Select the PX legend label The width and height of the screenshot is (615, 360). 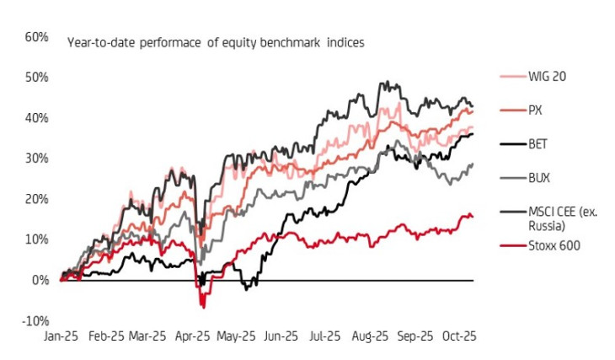point(535,110)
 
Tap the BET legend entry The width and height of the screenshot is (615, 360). point(538,144)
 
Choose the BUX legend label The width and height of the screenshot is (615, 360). point(539,178)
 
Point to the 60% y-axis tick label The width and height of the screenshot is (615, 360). point(36,37)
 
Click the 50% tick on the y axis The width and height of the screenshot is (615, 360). point(36,78)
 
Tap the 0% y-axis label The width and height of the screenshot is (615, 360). point(40,280)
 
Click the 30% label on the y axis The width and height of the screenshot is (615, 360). point(36,159)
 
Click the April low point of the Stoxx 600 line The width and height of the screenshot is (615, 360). point(202,306)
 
